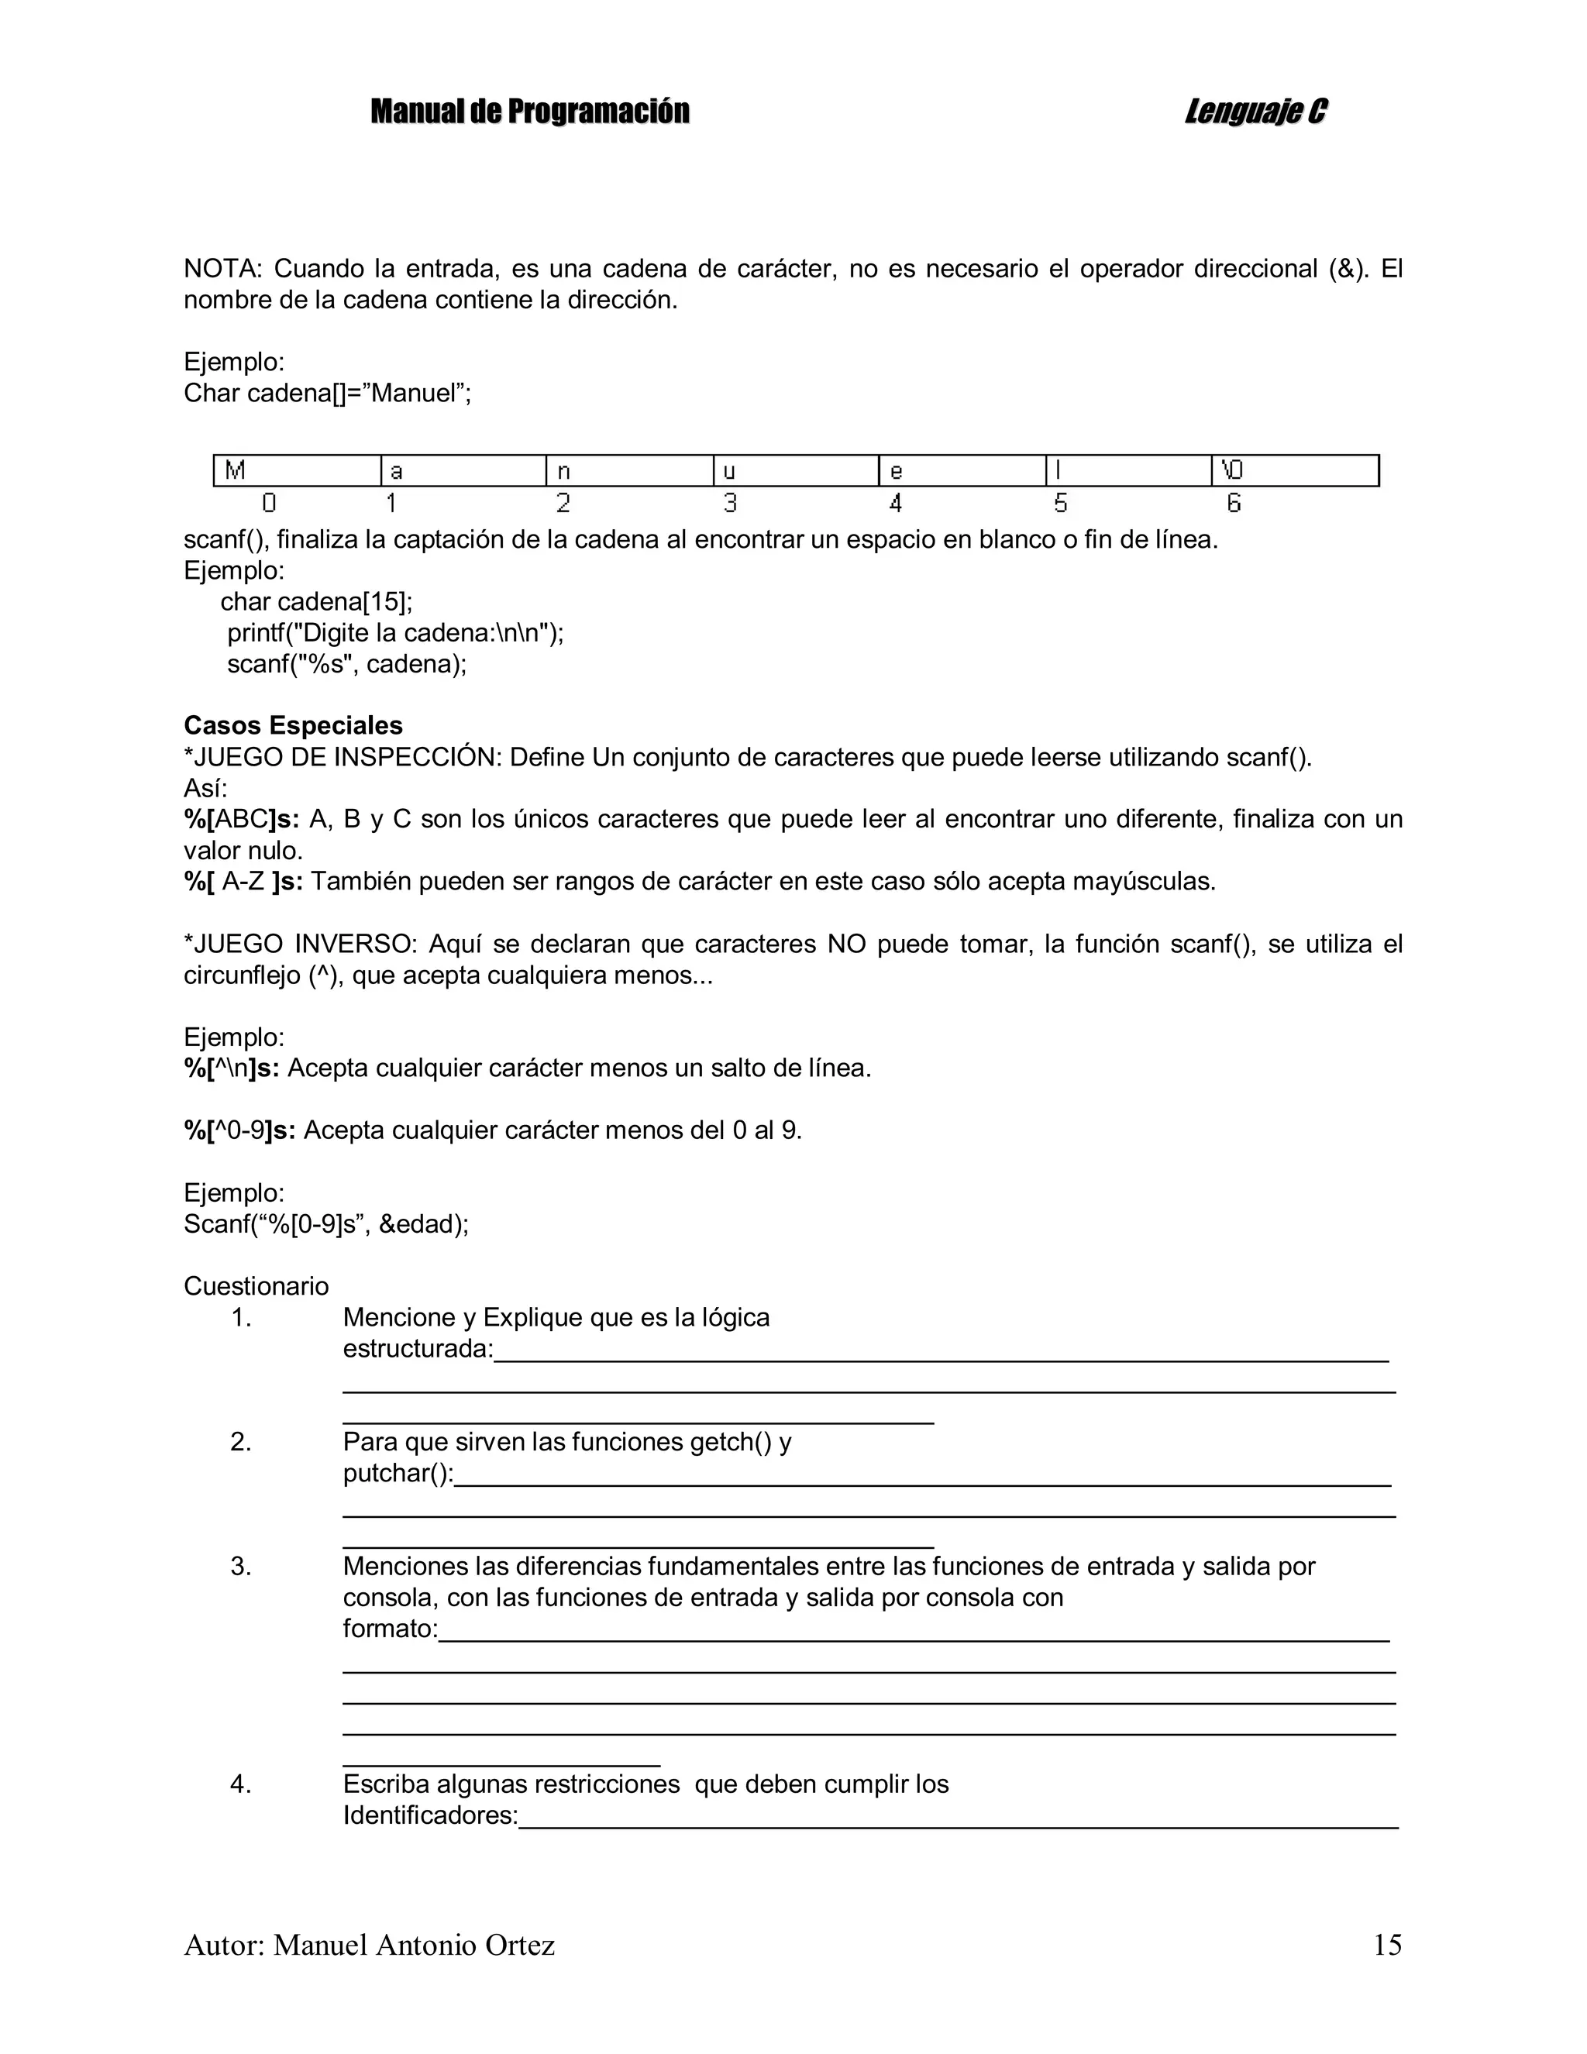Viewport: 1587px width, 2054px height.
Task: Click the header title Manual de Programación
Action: point(529,112)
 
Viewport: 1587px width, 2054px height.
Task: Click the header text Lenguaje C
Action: point(1256,112)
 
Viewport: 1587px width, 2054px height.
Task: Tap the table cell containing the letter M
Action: point(296,470)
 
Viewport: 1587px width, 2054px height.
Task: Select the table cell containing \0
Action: point(1294,470)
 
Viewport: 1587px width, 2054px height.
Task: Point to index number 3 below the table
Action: point(730,504)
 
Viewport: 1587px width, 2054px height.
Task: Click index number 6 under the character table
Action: point(1234,504)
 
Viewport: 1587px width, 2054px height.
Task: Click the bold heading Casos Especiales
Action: point(293,725)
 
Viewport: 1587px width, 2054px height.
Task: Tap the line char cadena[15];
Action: point(316,602)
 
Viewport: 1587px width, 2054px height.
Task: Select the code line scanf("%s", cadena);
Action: point(346,664)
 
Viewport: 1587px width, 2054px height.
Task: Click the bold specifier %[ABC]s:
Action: point(242,819)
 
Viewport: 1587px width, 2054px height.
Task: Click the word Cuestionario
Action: point(256,1285)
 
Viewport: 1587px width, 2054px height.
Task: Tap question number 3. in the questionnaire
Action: point(241,1566)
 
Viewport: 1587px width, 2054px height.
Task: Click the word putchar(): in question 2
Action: point(398,1473)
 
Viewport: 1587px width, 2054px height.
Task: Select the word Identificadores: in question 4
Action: point(430,1815)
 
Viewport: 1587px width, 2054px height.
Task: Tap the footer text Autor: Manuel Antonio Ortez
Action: point(369,1945)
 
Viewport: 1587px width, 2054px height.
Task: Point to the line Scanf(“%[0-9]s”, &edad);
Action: point(325,1223)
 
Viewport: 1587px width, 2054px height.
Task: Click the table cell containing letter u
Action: point(795,470)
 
